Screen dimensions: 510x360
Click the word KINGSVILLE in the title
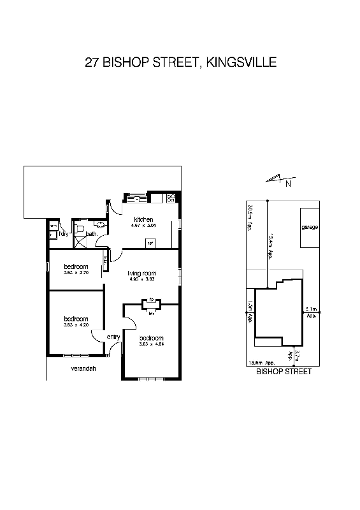pos(241,62)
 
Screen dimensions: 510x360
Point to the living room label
pos(142,273)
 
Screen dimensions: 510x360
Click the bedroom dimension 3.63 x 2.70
pos(75,273)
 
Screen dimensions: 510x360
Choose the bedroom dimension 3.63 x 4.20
pos(75,325)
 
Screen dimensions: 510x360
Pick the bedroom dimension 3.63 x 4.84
pos(152,344)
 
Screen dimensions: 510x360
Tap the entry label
pos(113,337)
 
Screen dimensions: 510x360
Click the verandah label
pos(83,368)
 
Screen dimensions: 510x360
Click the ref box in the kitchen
pos(150,242)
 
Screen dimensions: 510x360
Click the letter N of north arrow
pos(288,185)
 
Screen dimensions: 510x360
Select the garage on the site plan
pos(310,228)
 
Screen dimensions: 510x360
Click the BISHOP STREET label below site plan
pos(284,371)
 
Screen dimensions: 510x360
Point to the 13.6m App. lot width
pos(261,363)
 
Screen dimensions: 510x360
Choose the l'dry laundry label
pos(63,234)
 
